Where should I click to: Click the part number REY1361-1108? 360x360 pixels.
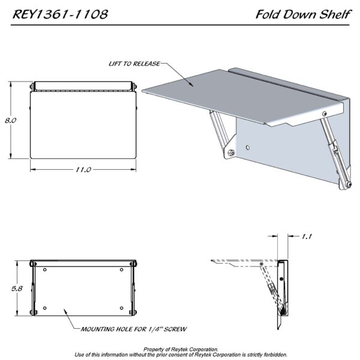pos(60,14)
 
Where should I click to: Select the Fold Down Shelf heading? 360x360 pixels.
pos(304,14)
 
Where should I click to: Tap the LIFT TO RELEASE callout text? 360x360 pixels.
pos(134,64)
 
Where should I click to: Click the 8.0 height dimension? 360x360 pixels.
pos(11,121)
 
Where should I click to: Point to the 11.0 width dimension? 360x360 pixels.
pos(83,170)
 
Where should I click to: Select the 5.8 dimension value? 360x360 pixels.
pos(17,289)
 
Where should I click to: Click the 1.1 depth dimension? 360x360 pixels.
pos(307,236)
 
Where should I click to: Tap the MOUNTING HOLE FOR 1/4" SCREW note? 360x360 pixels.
pos(134,329)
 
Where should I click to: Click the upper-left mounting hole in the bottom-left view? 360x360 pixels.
pos(45,269)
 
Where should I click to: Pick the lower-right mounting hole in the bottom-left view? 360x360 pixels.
pos(121,308)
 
